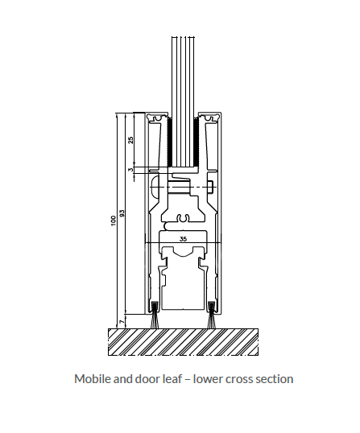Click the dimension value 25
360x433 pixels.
(131, 140)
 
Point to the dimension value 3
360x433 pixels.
(130, 170)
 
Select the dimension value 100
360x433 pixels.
(114, 221)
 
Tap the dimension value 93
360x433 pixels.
(122, 213)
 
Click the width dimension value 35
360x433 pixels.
(183, 239)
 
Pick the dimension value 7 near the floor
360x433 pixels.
(122, 322)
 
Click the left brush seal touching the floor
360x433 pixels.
(155, 315)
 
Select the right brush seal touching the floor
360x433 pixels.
(211, 315)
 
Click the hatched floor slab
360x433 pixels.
(183, 342)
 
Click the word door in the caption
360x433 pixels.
(145, 378)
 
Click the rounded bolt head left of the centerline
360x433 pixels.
(155, 187)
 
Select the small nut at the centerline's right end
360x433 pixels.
(212, 188)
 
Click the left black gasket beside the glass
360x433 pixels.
(170, 142)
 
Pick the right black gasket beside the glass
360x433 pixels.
(197, 142)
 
